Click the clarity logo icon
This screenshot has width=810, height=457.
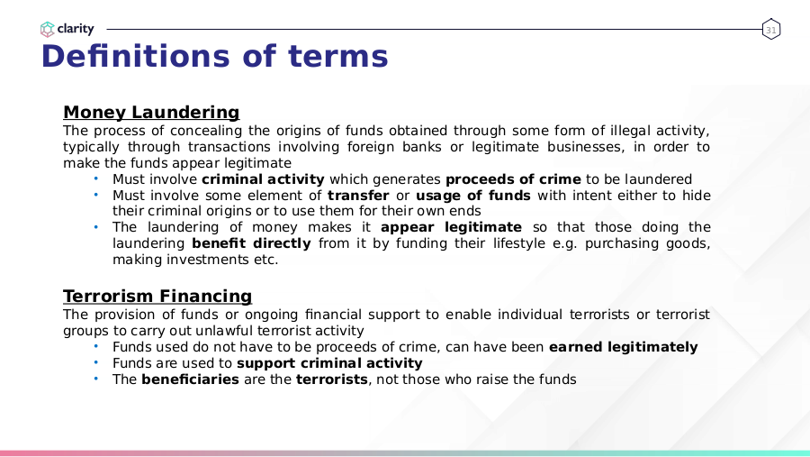click(x=47, y=30)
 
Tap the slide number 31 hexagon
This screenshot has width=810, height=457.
click(x=770, y=30)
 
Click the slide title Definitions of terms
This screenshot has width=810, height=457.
click(x=214, y=56)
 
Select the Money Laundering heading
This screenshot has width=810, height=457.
click(x=151, y=112)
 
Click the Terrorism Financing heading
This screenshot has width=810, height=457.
click(x=157, y=296)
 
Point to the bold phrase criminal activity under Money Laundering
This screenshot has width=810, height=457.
click(x=263, y=179)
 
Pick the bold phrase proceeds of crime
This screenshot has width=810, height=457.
click(x=514, y=179)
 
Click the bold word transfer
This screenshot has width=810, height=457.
click(x=358, y=195)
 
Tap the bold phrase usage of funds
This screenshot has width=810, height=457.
click(x=473, y=195)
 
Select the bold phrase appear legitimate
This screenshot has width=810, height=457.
click(x=451, y=227)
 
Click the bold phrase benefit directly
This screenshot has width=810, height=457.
click(x=252, y=243)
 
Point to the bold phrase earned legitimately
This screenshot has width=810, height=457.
click(x=623, y=347)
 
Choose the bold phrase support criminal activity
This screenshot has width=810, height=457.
click(x=329, y=362)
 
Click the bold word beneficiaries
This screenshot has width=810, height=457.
click(x=190, y=379)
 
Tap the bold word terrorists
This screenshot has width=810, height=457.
click(x=331, y=379)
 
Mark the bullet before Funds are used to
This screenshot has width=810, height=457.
click(x=96, y=362)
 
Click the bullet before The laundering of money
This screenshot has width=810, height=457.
click(x=96, y=226)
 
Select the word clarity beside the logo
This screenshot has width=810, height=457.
click(x=76, y=29)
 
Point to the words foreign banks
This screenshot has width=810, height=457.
click(x=394, y=147)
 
